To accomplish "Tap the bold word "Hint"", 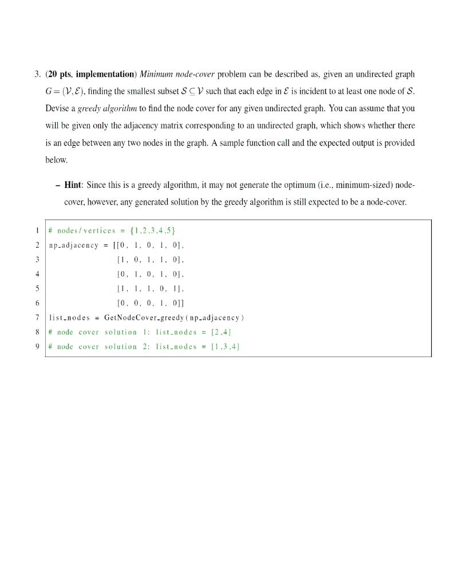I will click(x=73, y=185).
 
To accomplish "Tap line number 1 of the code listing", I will click(x=37, y=230).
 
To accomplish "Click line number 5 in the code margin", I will click(x=37, y=288).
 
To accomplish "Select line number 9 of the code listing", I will click(x=37, y=346).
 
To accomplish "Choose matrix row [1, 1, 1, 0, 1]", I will click(x=150, y=288).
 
